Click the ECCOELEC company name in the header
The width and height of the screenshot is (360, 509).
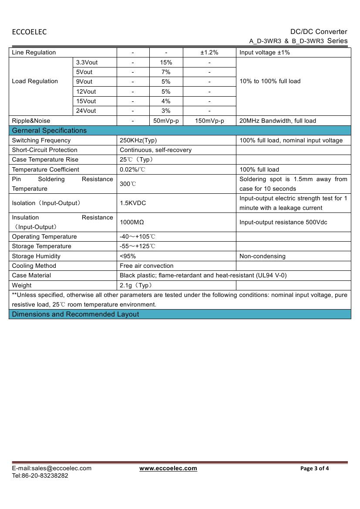coord(29,32)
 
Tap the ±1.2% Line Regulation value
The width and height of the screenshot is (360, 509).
coord(209,53)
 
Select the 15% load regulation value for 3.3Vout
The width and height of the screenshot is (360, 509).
coord(166,62)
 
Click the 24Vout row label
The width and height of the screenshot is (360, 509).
coord(86,111)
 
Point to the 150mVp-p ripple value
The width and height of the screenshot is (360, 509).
coord(209,121)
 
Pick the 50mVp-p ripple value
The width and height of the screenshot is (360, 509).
coord(166,121)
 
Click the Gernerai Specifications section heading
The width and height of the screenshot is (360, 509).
coord(49,131)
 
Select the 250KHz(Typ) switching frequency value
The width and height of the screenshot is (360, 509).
coord(138,140)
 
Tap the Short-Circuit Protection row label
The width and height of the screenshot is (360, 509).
coord(44,150)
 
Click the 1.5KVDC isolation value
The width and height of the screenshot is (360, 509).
coord(133,203)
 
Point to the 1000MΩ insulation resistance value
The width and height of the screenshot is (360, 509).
coord(132,222)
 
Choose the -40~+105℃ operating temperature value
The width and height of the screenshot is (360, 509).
coord(138,236)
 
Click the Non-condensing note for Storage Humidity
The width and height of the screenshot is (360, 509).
coord(262,256)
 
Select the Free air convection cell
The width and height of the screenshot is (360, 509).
coord(146,266)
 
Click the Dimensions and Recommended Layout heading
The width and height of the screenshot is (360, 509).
coord(75,314)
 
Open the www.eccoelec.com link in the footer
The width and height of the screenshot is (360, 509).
coord(168,469)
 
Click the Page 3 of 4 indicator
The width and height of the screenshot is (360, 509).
coord(315,469)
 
